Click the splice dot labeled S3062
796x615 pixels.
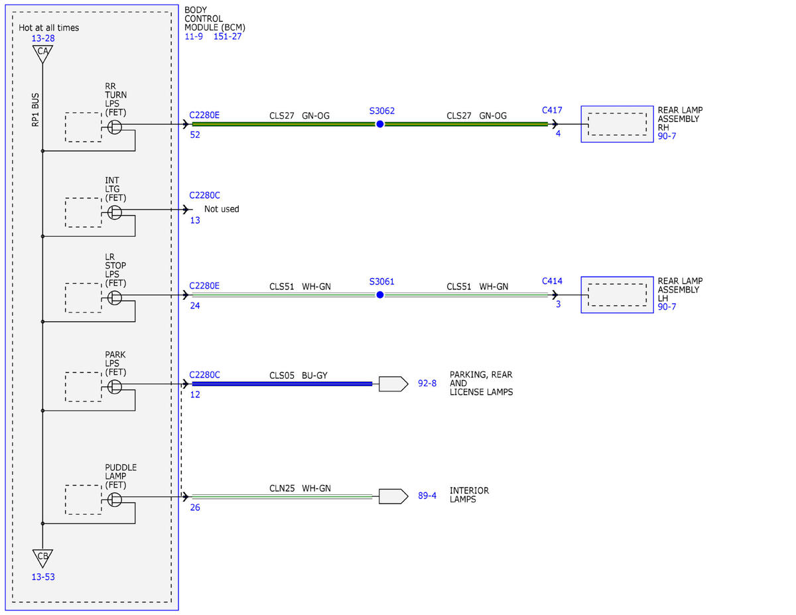tap(380, 124)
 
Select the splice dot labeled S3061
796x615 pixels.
tap(380, 295)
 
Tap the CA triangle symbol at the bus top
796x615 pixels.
tap(42, 54)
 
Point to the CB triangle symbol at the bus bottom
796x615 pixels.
tap(42, 559)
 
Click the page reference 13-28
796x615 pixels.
tap(43, 38)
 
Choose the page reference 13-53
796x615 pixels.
tap(43, 577)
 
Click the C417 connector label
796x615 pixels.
tap(552, 110)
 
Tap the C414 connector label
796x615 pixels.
tap(552, 281)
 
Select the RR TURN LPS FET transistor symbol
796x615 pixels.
tap(115, 127)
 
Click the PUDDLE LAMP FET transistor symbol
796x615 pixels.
tap(115, 500)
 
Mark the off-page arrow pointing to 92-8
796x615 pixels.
tap(393, 384)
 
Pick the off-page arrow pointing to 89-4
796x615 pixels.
tap(393, 496)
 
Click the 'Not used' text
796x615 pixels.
tap(222, 209)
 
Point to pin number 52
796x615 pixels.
tap(195, 135)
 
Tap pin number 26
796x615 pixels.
tap(195, 508)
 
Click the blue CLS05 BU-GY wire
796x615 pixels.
tap(282, 384)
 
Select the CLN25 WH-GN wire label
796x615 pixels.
tap(300, 488)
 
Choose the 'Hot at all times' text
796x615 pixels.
tap(48, 28)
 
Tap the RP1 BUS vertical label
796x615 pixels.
tap(35, 110)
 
